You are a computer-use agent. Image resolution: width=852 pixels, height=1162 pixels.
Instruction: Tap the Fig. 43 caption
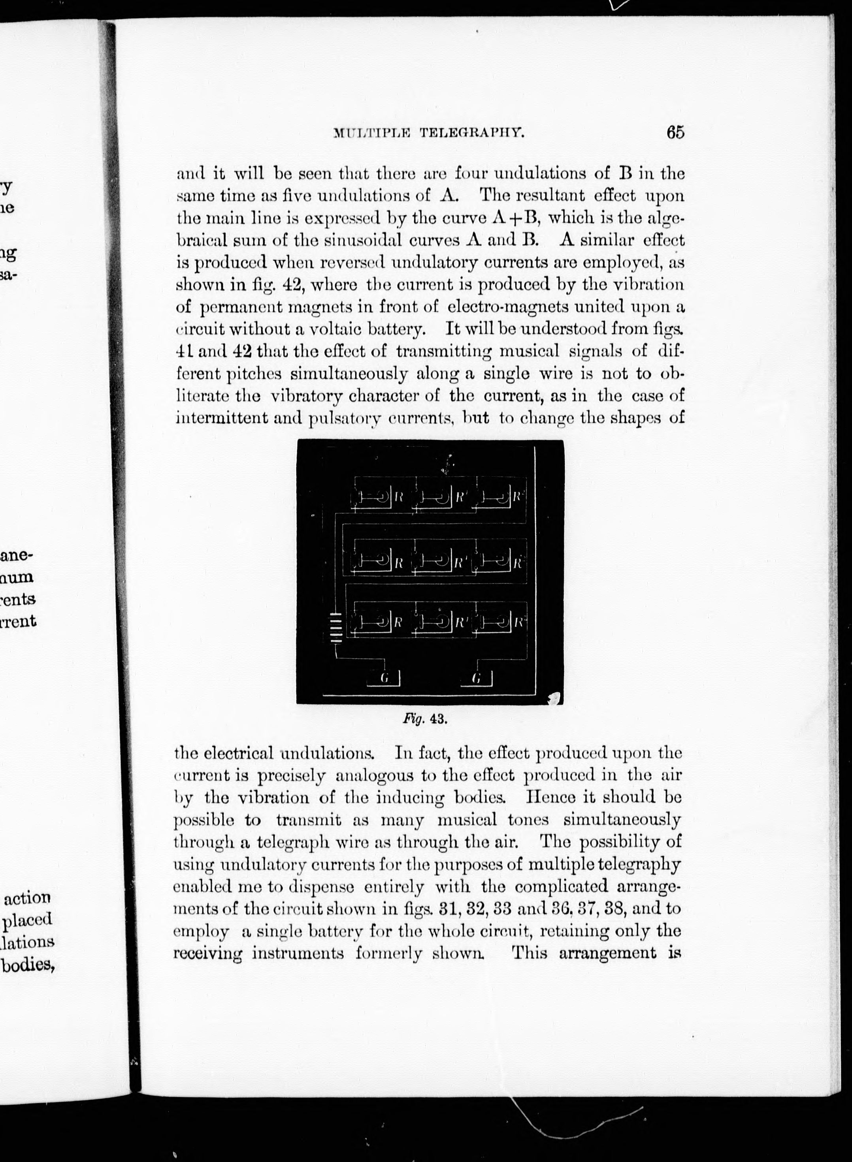pyautogui.click(x=424, y=719)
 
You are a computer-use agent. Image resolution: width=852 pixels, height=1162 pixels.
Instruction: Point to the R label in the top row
pyautogui.click(x=399, y=498)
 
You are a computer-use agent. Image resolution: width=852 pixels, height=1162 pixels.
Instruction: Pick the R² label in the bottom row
pyautogui.click(x=519, y=622)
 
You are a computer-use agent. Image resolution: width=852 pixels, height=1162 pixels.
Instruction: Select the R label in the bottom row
pyautogui.click(x=398, y=622)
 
